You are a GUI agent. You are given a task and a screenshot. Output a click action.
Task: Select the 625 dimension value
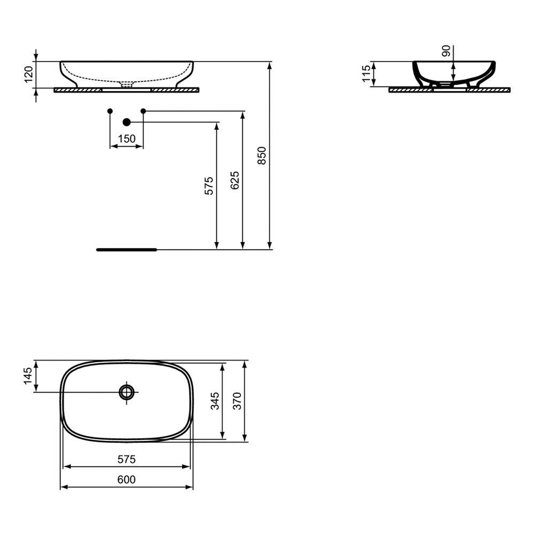[235, 181]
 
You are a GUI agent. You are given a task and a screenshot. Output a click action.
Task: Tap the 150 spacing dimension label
[126, 139]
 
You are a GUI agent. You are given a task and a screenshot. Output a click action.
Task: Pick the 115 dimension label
[366, 74]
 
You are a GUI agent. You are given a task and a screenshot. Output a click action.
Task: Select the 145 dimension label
[27, 377]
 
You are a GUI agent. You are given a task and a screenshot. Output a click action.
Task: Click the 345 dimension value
[215, 401]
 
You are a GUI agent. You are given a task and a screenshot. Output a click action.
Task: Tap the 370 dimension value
[237, 401]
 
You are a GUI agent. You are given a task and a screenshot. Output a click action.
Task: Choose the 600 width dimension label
[126, 480]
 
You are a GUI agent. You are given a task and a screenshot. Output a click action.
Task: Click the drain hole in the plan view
[127, 392]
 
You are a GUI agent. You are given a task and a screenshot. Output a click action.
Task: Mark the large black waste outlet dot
[127, 123]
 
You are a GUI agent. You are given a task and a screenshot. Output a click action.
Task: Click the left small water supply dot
[110, 111]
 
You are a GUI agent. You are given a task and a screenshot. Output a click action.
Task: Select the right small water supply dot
[143, 111]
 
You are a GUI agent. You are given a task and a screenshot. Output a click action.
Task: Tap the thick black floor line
[126, 249]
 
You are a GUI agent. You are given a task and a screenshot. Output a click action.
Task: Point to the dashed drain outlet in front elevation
[127, 85]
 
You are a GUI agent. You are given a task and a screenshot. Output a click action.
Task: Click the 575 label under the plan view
[126, 459]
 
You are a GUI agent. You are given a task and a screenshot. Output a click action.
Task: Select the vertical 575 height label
[209, 185]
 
